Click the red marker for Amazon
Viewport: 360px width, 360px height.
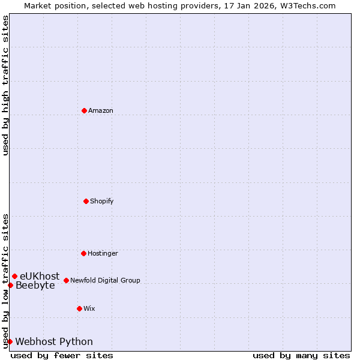84,110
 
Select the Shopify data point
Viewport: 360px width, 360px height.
86,201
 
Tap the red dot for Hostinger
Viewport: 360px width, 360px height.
83,253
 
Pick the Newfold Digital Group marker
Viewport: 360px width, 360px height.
66,280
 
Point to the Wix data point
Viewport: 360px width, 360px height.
79,308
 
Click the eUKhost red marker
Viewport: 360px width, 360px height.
14,276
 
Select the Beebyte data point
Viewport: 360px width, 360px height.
10,285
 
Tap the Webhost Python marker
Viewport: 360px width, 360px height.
10,341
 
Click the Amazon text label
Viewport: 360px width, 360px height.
101,110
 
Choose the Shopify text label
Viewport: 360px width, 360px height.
102,201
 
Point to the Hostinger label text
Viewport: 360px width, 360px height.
103,253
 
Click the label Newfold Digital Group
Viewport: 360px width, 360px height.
105,280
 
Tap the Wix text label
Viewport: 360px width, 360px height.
89,308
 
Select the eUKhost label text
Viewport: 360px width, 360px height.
40,276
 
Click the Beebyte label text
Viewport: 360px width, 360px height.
35,285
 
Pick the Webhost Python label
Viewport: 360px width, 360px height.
54,341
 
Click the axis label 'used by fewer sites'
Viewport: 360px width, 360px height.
62,355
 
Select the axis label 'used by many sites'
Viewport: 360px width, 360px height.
301,355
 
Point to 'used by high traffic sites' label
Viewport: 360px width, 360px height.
5,85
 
